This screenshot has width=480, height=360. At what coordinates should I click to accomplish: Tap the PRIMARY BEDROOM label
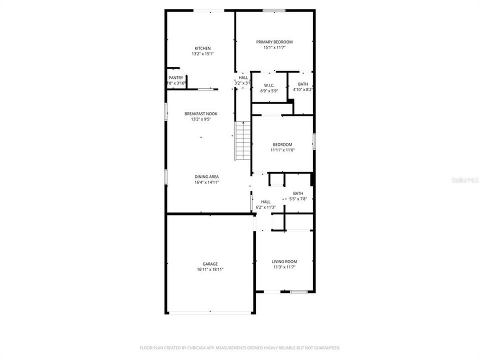pos(274,42)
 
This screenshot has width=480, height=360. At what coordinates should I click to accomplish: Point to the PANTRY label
pos(175,77)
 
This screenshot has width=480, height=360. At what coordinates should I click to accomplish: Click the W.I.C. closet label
pos(268,84)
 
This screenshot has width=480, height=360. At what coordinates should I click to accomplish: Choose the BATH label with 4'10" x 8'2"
pos(303,84)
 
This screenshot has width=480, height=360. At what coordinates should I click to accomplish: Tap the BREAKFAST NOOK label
pos(200,114)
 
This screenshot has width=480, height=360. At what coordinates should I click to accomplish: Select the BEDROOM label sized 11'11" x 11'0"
pos(282,144)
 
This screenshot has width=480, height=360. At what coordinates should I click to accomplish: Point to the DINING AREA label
pos(206,176)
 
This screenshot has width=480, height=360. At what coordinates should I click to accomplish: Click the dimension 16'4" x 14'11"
pos(206,182)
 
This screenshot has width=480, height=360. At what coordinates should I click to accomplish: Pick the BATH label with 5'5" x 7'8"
pos(298,193)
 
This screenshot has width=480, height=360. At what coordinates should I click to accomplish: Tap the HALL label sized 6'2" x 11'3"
pos(265,201)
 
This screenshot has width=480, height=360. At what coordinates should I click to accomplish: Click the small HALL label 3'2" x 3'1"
pos(243,77)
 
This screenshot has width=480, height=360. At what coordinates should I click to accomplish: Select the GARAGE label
pos(210,263)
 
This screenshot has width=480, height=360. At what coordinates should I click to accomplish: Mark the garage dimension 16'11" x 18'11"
pos(210,269)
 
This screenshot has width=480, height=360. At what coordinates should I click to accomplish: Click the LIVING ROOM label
pos(284,261)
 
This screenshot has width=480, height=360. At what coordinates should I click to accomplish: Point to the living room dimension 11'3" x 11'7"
pos(284,267)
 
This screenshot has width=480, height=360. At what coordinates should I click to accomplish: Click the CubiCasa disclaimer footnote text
pos(240,347)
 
